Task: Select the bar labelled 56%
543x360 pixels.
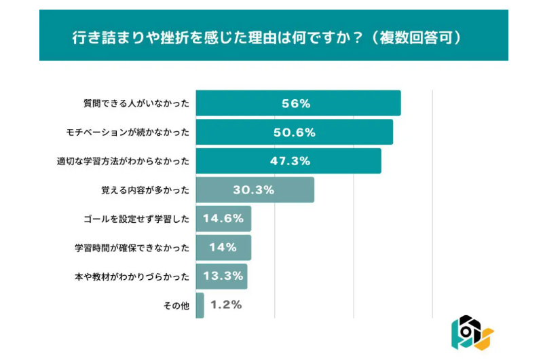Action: [x=298, y=103]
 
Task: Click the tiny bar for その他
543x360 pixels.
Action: [x=200, y=305]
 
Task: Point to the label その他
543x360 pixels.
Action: [x=176, y=306]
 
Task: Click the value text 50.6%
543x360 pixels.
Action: [x=295, y=132]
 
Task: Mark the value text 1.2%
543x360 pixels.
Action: [x=226, y=305]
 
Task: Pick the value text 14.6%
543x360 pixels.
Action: [x=223, y=219]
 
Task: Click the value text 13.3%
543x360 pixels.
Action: [x=221, y=276]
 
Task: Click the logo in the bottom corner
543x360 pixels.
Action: [x=472, y=332]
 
